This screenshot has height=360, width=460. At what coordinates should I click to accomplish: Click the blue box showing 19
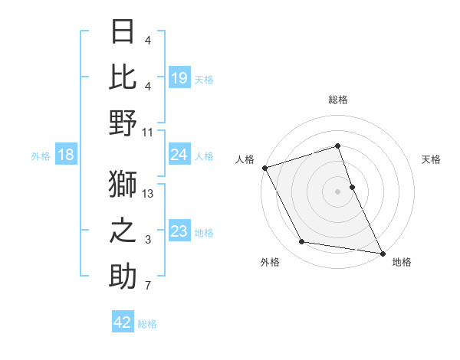(x=179, y=77)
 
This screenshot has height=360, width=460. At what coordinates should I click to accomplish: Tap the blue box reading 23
(x=179, y=231)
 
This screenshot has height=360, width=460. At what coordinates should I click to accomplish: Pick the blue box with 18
(x=65, y=155)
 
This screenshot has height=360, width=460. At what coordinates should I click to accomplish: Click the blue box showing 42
(x=123, y=322)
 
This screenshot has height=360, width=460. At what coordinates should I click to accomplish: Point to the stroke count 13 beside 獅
(x=149, y=193)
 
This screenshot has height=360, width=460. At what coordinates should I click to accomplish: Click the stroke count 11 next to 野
(x=149, y=132)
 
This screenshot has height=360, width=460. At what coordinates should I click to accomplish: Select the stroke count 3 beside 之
(x=149, y=240)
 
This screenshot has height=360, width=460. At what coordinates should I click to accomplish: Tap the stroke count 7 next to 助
(x=149, y=286)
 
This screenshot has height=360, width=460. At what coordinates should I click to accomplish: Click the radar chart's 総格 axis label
(x=337, y=100)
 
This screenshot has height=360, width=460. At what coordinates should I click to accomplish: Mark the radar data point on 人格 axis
(x=264, y=167)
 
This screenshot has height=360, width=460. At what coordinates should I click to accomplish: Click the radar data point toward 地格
(x=382, y=252)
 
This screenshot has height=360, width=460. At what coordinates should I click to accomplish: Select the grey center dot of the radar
(x=337, y=191)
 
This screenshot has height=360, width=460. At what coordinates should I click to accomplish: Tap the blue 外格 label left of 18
(x=41, y=156)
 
